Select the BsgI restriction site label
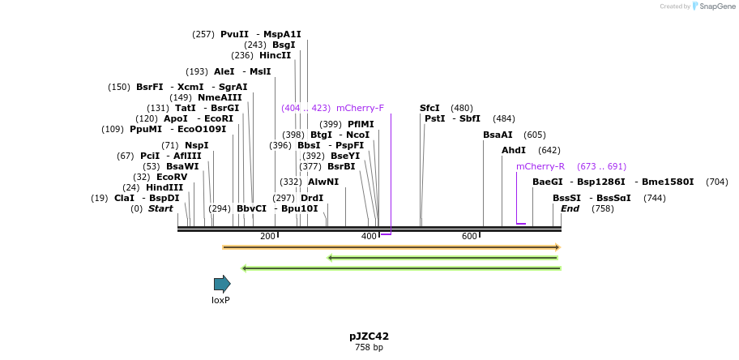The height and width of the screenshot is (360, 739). pos(284,45)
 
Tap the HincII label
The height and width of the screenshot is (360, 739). pos(275,55)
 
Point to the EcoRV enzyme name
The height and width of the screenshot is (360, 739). pos(172,177)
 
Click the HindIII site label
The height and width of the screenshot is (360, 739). pos(164,187)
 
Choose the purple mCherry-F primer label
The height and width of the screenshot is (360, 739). pos(360,108)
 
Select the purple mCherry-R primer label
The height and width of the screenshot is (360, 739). pos(540,166)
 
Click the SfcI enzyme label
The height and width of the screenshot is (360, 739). pos(429,108)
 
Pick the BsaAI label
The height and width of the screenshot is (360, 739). pos(498,135)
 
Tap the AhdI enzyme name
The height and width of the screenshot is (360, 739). pos(514,150)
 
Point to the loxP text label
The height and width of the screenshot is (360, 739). pos(221,300)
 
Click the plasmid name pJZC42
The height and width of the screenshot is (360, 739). pos(369,336)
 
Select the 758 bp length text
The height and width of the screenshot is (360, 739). pos(369,347)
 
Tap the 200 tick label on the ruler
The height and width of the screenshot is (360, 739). pos(267,236)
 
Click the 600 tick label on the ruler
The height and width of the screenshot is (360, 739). pos(469,236)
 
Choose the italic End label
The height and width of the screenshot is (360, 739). pos(570,208)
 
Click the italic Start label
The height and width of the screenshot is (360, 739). pos(160,208)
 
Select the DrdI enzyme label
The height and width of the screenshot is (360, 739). pos(312,198)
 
